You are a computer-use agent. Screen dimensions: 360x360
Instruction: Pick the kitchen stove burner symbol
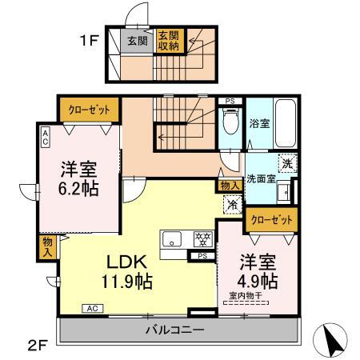(202, 238)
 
